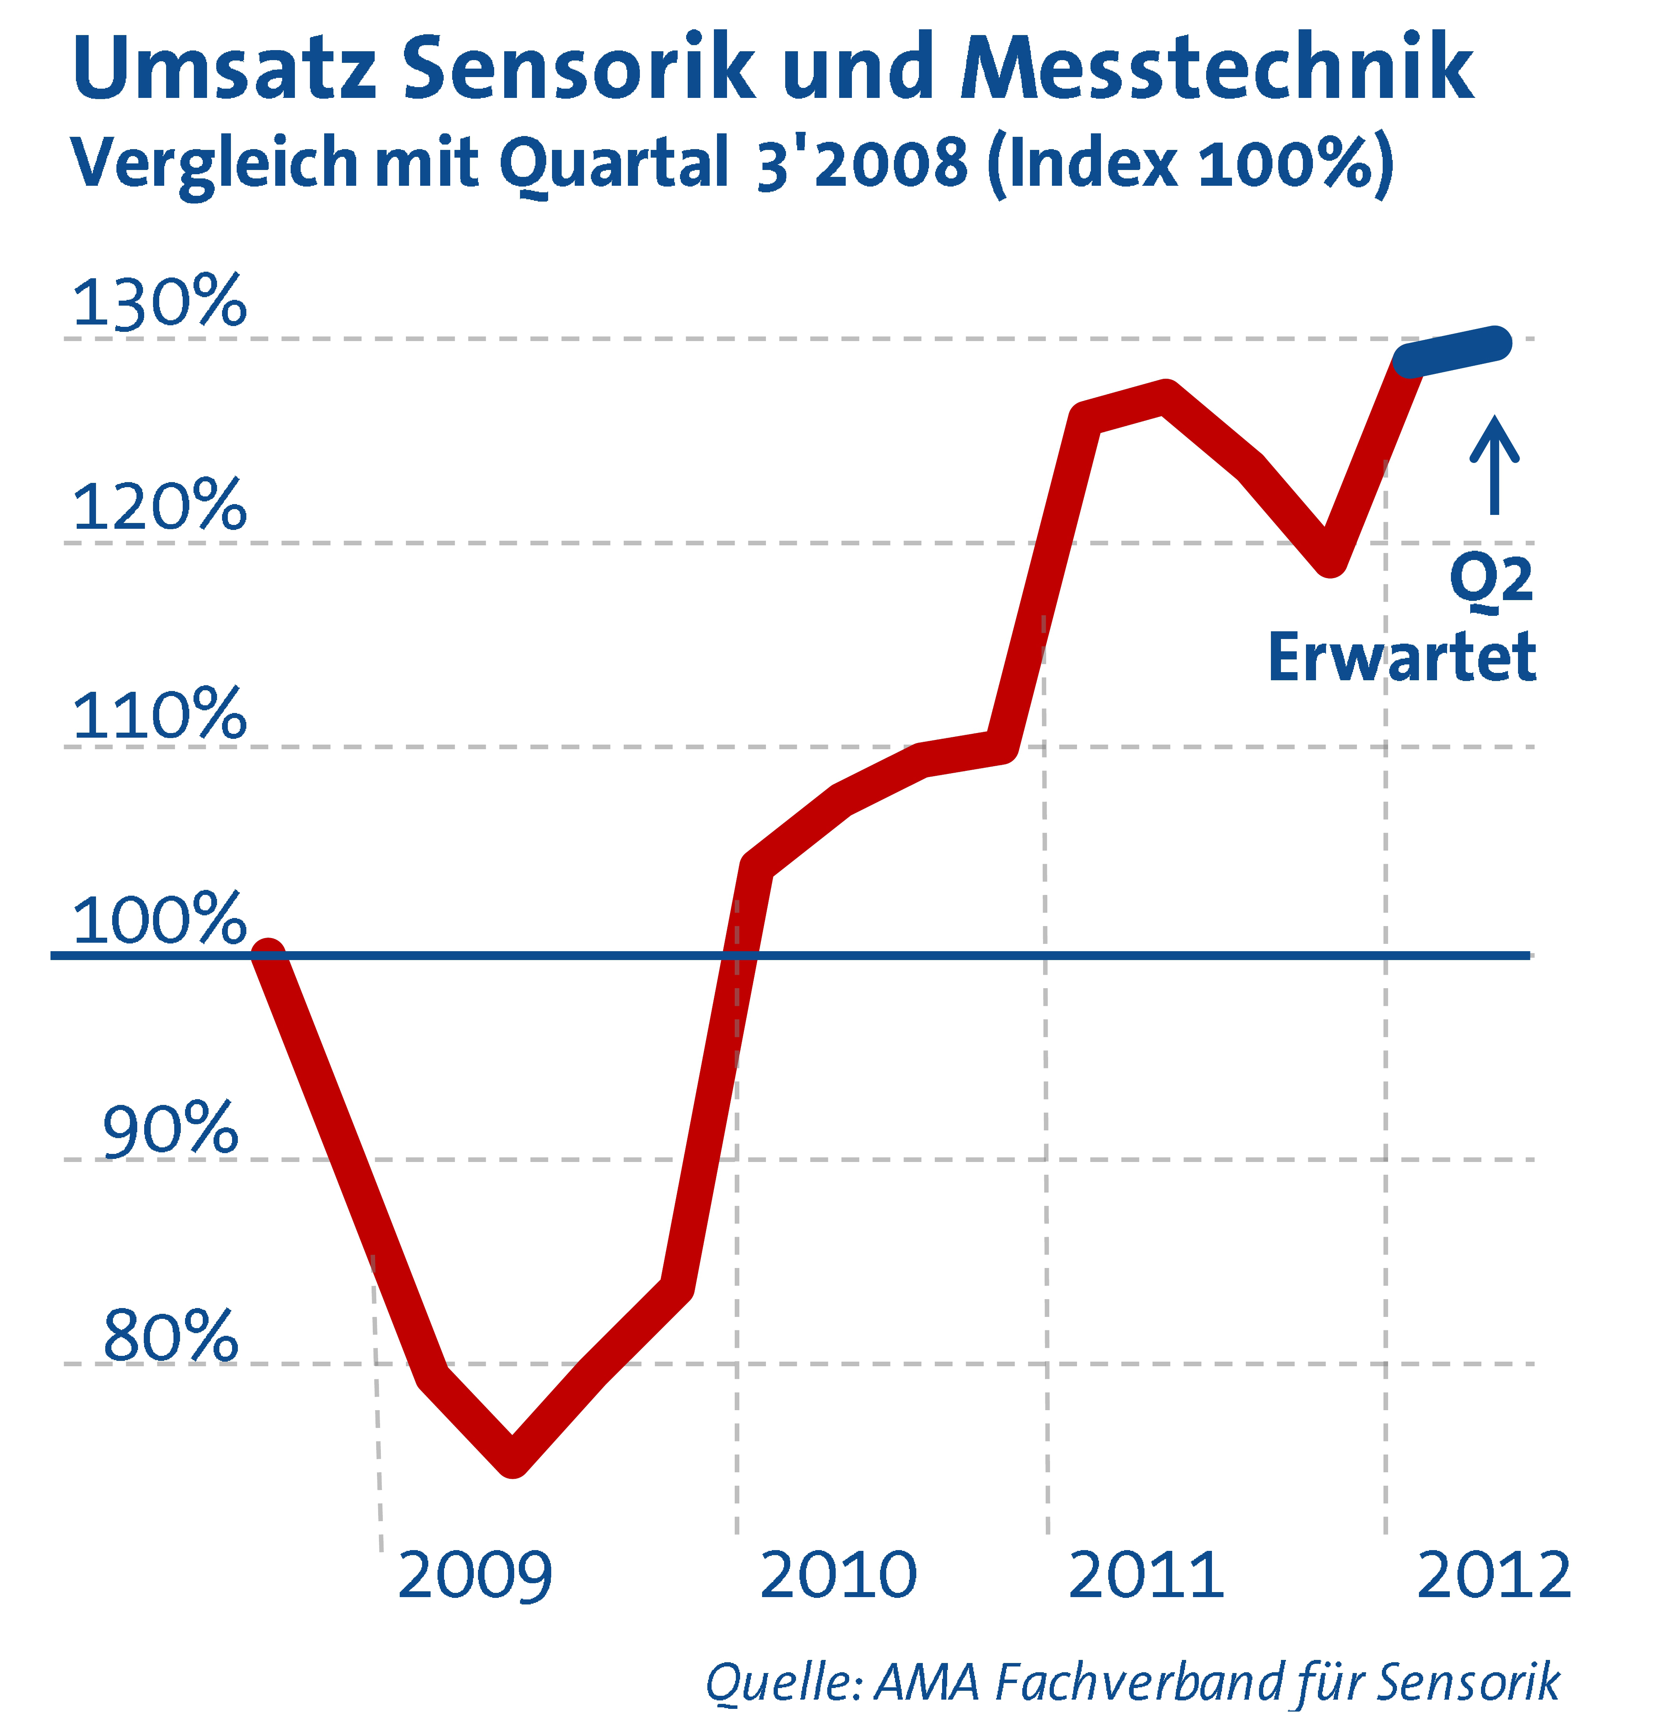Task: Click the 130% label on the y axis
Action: [x=159, y=303]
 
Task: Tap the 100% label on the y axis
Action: [x=159, y=920]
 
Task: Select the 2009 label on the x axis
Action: [x=475, y=1576]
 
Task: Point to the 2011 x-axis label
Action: [x=1146, y=1576]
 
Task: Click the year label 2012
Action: [x=1494, y=1576]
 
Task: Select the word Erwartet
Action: [x=1402, y=657]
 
